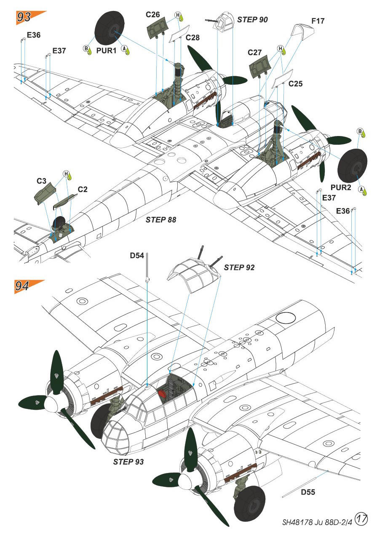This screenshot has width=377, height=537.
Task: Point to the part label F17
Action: pos(318,21)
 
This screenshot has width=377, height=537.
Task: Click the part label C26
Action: pos(153,15)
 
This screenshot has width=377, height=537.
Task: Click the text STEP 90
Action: pos(252,19)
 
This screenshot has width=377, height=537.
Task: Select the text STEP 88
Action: pos(160,219)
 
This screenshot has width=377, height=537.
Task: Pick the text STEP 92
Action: pos(239,267)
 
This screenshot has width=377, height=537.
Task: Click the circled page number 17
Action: pos(361,518)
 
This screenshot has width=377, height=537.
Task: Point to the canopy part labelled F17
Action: pos(303,30)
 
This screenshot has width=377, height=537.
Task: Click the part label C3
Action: pos(41,181)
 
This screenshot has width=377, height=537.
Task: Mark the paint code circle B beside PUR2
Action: pos(360,131)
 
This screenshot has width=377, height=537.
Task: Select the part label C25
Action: pos(296,84)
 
